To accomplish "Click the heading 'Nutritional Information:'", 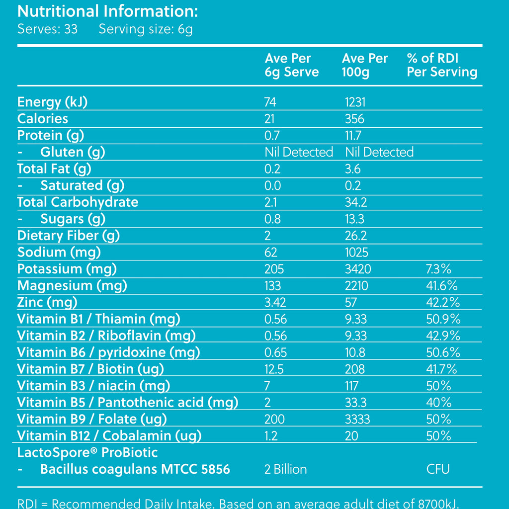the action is [x=107, y=11].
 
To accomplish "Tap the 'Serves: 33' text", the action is [x=47, y=29].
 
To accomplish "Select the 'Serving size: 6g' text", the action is [x=146, y=29].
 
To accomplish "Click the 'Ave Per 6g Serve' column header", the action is [x=291, y=65].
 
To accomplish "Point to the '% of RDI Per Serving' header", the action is [x=442, y=65].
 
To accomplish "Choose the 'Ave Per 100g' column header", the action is [x=364, y=65].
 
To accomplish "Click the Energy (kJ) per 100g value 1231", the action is [x=355, y=102].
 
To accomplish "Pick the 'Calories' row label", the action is [x=43, y=118].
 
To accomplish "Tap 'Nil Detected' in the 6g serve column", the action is [x=299, y=152].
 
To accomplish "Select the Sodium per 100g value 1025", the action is [x=356, y=252].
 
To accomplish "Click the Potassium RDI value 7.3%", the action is [x=438, y=269].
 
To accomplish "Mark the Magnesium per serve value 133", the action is [x=273, y=286].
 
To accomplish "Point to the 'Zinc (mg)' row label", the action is [x=47, y=302].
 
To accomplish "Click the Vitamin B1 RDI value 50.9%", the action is [x=443, y=319].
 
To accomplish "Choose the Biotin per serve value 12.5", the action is [x=274, y=369].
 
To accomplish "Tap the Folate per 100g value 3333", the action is [x=357, y=419].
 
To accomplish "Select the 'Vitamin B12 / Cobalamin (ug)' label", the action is [x=109, y=435].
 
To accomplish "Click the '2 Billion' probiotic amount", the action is [x=286, y=469].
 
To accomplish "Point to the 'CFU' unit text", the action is [x=438, y=469].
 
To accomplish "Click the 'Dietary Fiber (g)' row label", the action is [x=69, y=236].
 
